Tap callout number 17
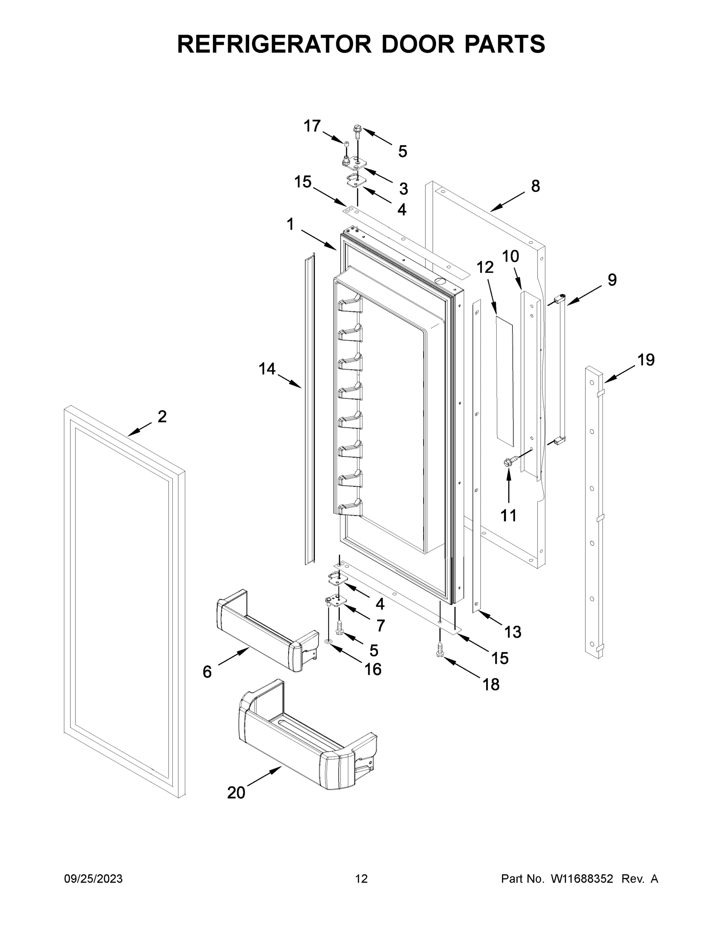click(x=312, y=126)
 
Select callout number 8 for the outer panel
click(x=536, y=186)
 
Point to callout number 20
click(x=236, y=793)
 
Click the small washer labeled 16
click(x=329, y=642)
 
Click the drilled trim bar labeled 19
click(x=594, y=513)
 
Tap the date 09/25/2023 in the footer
click(x=93, y=879)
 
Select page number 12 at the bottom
click(x=361, y=879)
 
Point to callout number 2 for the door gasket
click(x=162, y=416)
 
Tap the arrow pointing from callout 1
click(x=319, y=240)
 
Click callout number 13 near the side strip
click(x=513, y=632)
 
